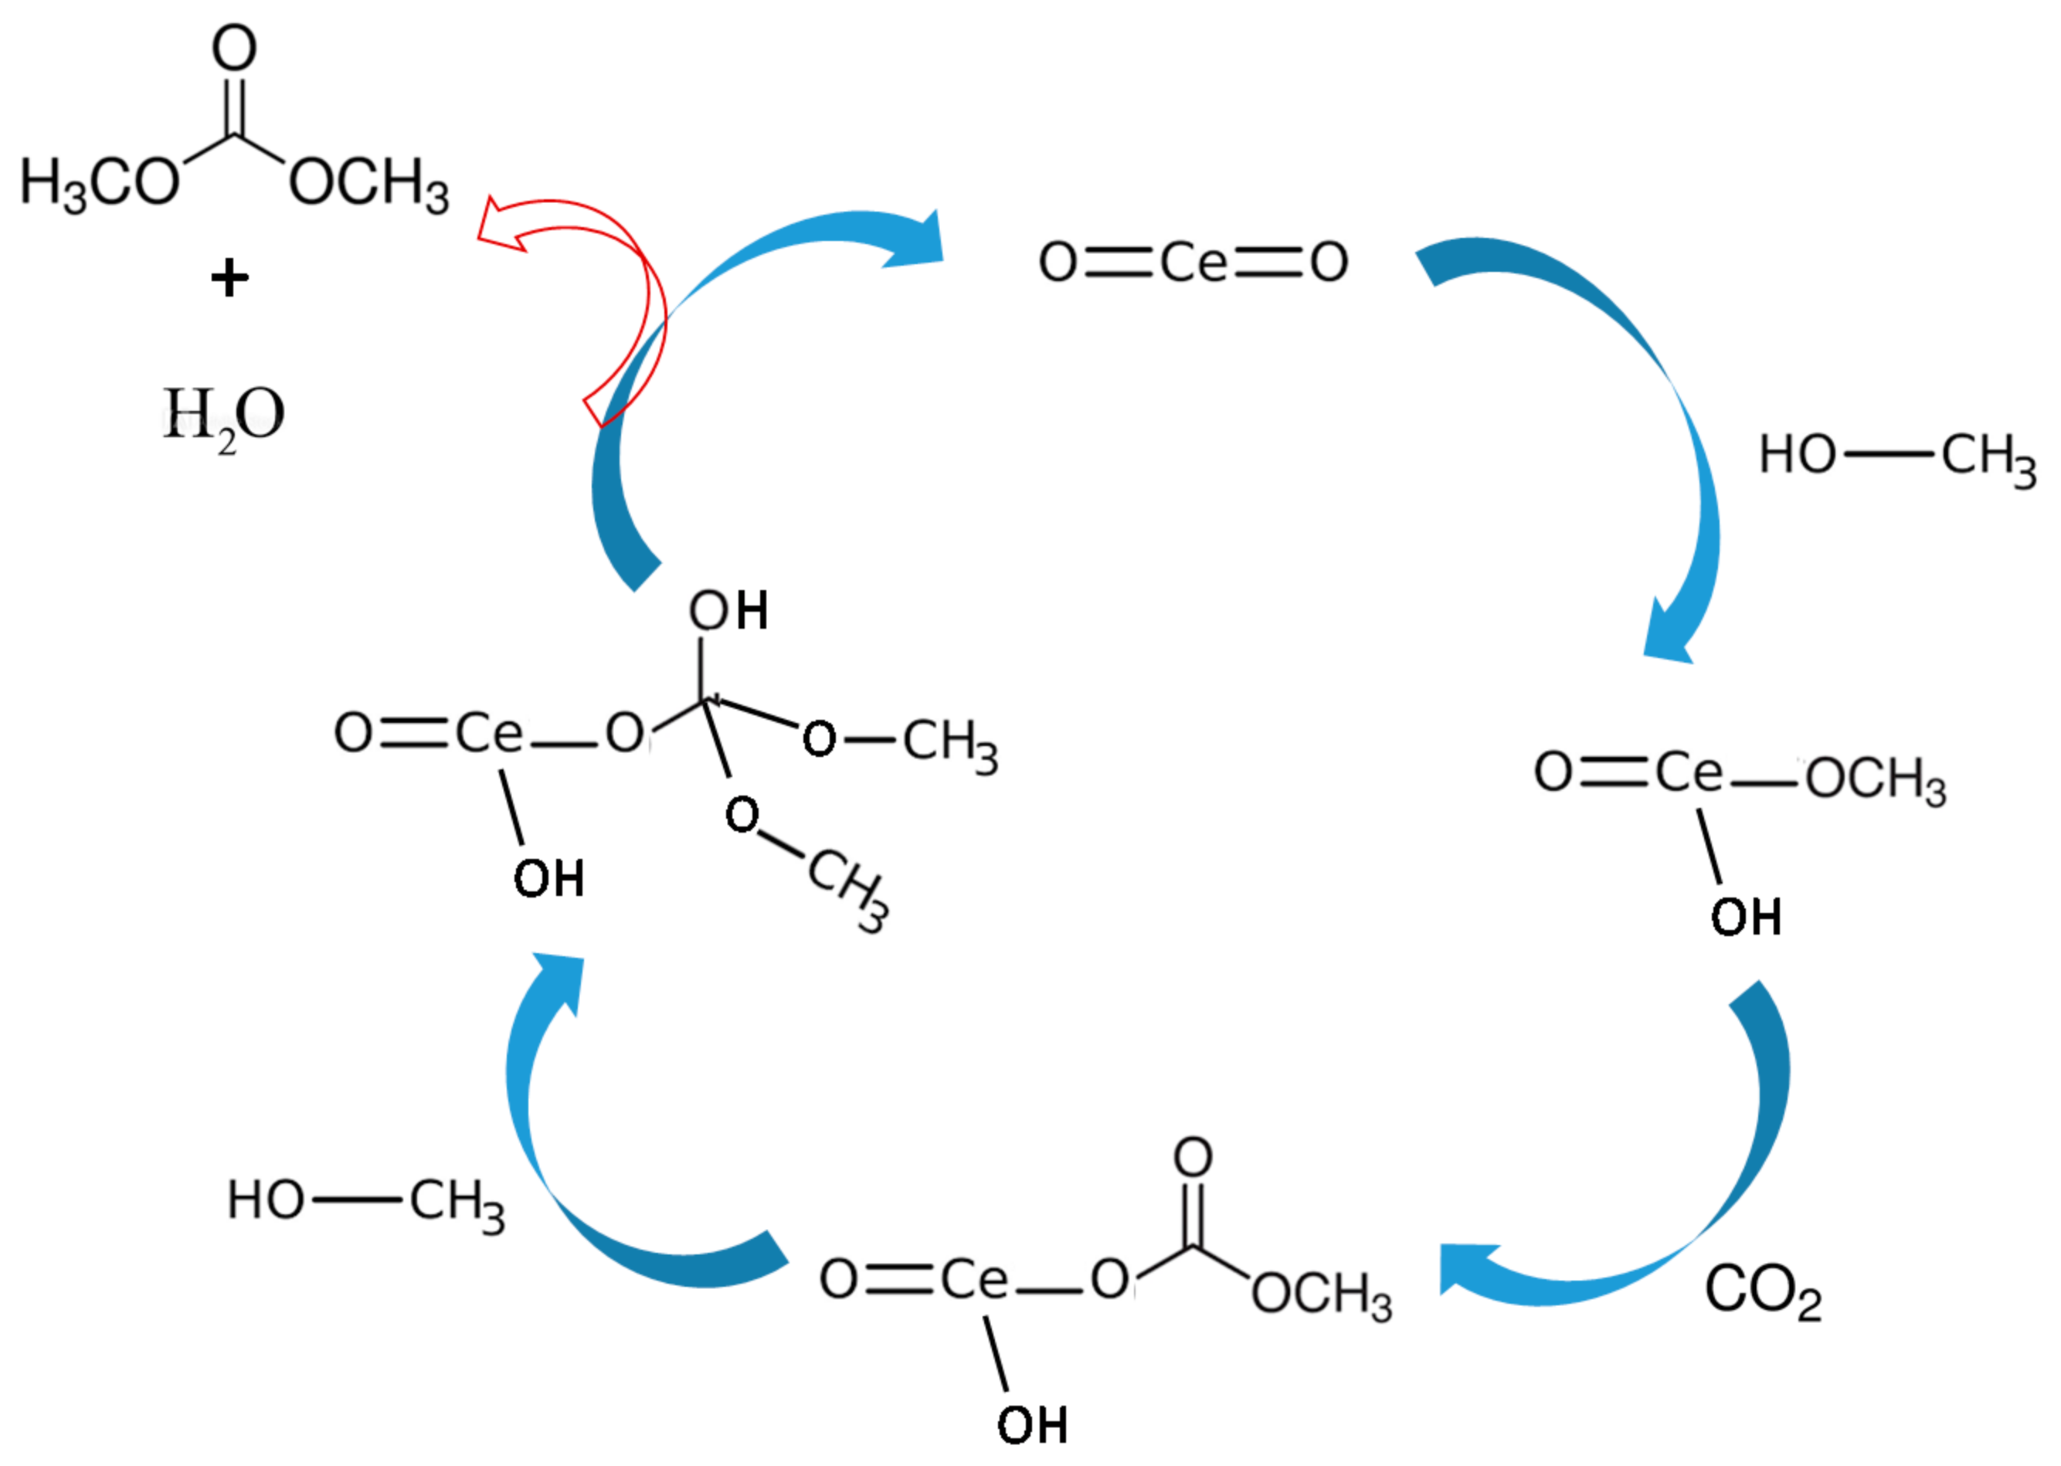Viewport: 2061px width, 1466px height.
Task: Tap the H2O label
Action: (223, 416)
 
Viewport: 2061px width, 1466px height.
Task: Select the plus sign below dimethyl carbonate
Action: (229, 278)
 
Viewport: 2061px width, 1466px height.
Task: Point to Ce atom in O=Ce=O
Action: (1193, 263)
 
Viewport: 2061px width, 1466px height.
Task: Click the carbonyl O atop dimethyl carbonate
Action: (234, 49)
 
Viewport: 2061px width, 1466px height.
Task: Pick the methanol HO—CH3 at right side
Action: (1896, 456)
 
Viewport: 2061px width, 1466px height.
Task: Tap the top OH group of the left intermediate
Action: (728, 611)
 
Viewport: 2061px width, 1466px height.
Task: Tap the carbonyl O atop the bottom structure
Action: (1192, 1156)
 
